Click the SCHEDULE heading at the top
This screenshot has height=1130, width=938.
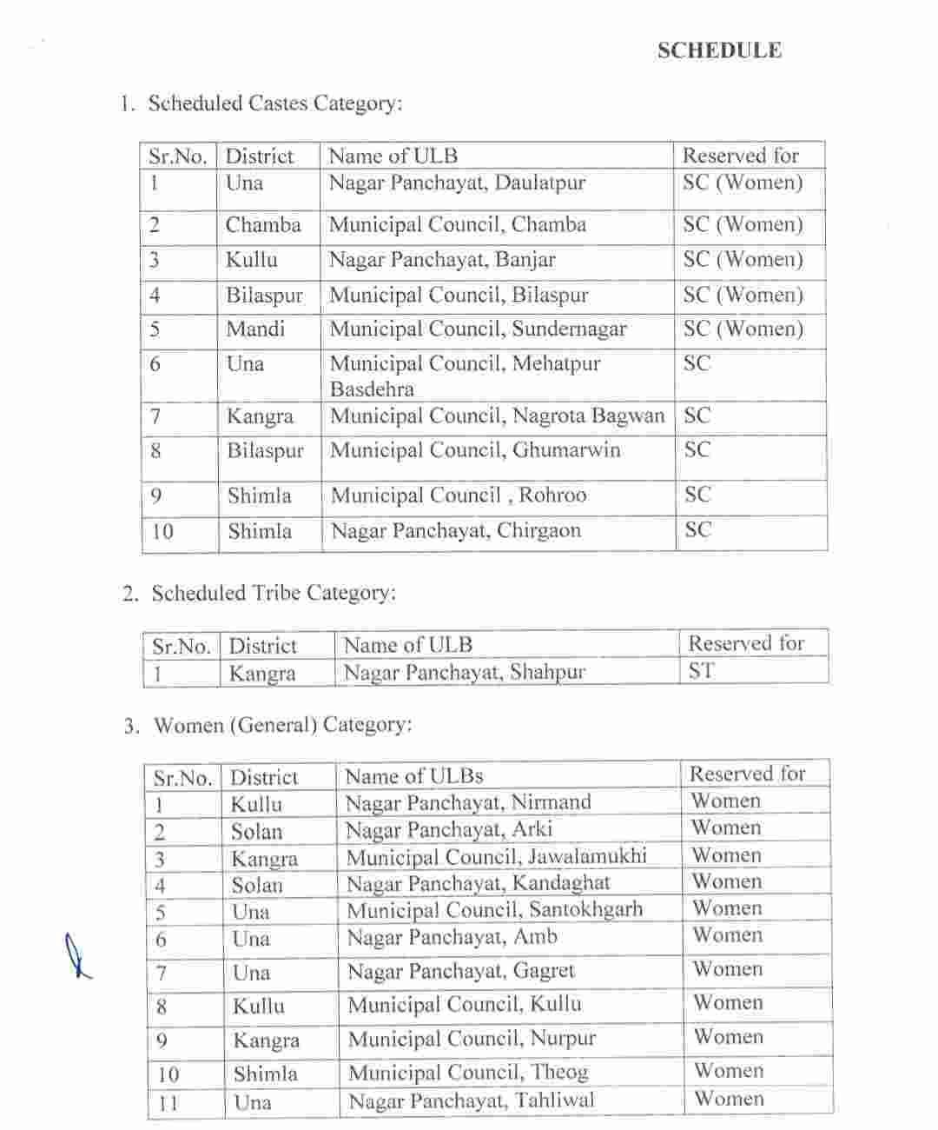click(x=719, y=50)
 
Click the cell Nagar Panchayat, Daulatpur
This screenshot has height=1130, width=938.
click(x=457, y=183)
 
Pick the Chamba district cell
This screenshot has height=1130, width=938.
click(x=263, y=225)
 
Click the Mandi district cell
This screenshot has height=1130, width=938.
click(x=255, y=329)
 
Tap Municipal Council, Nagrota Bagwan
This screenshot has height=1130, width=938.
click(x=497, y=416)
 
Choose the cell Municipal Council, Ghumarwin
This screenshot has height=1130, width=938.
click(x=475, y=450)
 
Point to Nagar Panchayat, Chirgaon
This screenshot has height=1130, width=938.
click(x=456, y=531)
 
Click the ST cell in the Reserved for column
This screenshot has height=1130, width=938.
click(x=702, y=671)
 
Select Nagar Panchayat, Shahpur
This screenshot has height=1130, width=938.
click(x=465, y=672)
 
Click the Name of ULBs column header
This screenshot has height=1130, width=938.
click(x=413, y=776)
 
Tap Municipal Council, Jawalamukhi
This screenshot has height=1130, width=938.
click(x=497, y=857)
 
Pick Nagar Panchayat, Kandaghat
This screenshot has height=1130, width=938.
click(x=478, y=884)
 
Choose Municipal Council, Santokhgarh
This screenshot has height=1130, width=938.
click(x=495, y=910)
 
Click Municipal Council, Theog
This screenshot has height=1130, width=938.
click(x=468, y=1073)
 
